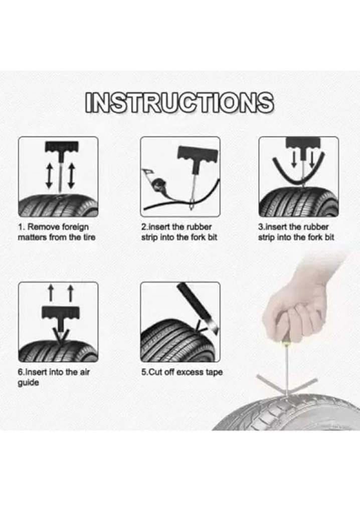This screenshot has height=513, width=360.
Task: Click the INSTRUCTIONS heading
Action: point(179,103)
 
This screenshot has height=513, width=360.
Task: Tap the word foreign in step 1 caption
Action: point(76,227)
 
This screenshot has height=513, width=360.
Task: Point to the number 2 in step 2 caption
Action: point(143,227)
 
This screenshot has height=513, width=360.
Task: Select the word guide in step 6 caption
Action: point(28,383)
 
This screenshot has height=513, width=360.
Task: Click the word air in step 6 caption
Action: point(84,372)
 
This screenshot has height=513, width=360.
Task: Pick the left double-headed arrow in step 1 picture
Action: point(49,176)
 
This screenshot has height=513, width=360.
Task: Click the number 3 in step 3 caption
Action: point(260,227)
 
